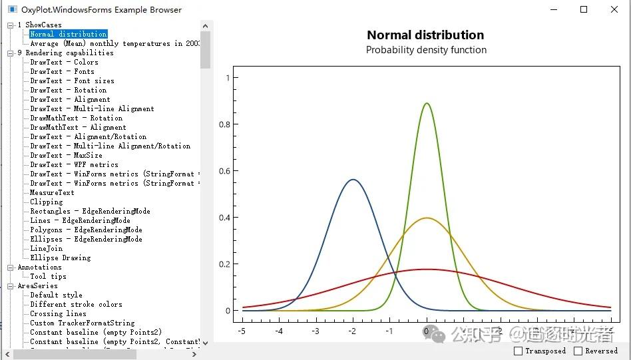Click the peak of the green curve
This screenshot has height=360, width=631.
coord(427,103)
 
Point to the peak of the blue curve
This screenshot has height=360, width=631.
coord(353,180)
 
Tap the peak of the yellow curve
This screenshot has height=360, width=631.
coord(427,218)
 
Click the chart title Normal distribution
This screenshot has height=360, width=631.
coord(425,35)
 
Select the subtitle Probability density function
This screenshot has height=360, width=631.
coord(426,50)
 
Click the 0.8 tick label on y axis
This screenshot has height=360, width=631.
coord(225,124)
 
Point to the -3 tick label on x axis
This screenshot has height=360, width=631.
coord(315,331)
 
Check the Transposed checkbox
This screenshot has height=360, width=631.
coord(519,351)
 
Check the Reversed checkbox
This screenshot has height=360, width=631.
coord(578,351)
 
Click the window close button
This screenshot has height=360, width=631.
coord(614,9)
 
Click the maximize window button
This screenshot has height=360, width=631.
coord(584,9)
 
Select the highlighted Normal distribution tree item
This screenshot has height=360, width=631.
coord(68,34)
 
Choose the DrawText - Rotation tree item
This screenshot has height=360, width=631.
coord(68,90)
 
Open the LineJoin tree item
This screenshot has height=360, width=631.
coord(46,248)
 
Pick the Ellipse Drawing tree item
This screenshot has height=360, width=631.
coord(60,258)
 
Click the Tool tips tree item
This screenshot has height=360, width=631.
coord(48,276)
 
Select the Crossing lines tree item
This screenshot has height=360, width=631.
coord(58,313)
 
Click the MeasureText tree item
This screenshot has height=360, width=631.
coord(52,192)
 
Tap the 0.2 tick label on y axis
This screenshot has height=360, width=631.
coord(225,264)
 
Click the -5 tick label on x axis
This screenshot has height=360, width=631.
coord(242,331)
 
